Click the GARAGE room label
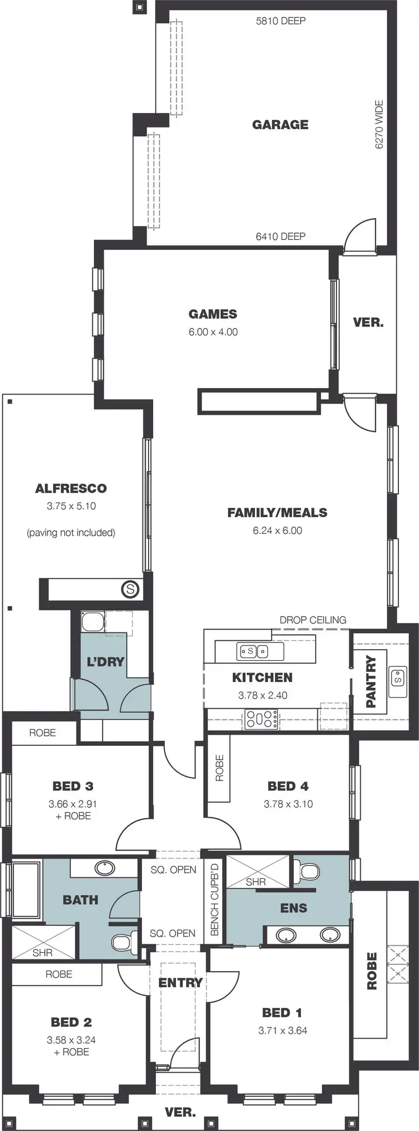click(x=280, y=125)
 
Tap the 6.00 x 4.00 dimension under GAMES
click(x=213, y=332)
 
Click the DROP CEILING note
click(x=313, y=619)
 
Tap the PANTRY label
click(x=371, y=682)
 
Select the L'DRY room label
click(x=105, y=661)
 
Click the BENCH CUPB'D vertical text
click(x=215, y=898)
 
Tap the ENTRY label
click(x=180, y=982)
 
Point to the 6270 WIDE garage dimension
click(x=379, y=124)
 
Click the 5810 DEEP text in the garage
click(x=280, y=21)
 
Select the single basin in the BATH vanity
click(x=104, y=868)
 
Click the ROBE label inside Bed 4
click(x=219, y=768)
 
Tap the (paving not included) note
click(x=71, y=532)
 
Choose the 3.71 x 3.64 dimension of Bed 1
click(x=283, y=1030)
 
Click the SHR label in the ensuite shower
click(x=256, y=882)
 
